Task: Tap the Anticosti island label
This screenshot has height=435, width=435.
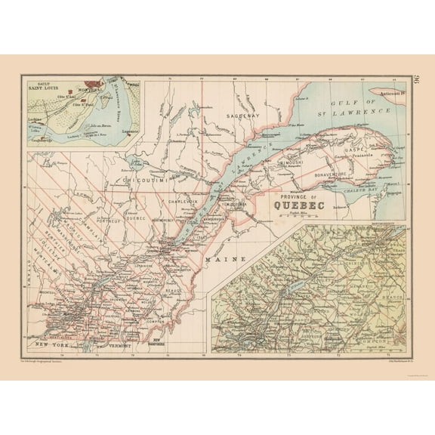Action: point(392,94)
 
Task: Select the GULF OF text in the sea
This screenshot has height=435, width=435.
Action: point(360,101)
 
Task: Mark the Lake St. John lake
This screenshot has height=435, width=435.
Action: point(137,162)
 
